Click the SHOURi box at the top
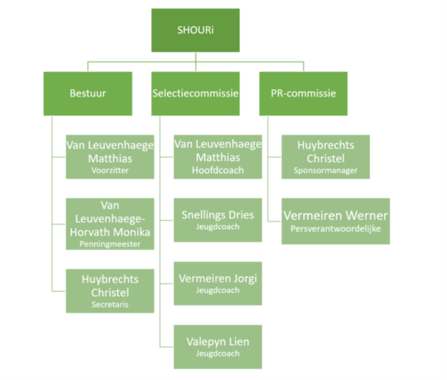click(x=195, y=30)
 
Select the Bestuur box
click(x=88, y=93)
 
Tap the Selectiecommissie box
click(x=195, y=93)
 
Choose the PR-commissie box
click(x=303, y=93)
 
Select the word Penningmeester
click(x=110, y=245)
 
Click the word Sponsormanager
click(x=326, y=171)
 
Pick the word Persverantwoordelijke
click(x=335, y=228)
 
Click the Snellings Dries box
click(x=218, y=219)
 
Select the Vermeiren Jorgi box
click(x=218, y=283)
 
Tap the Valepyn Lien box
click(x=218, y=346)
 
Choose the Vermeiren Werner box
click(x=335, y=221)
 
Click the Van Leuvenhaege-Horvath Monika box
click(x=110, y=223)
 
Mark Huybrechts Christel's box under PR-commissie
click(x=326, y=156)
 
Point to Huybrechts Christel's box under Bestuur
click(x=110, y=290)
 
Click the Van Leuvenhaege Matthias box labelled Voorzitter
click(x=110, y=156)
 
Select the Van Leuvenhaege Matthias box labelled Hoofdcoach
click(x=217, y=156)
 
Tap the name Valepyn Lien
click(x=218, y=341)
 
